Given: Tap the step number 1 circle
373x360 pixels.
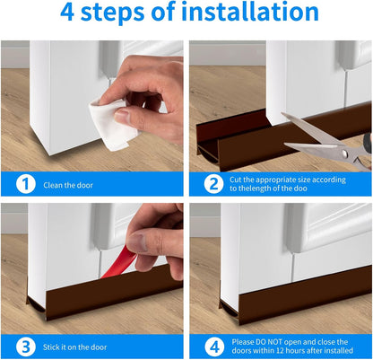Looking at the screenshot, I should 27,184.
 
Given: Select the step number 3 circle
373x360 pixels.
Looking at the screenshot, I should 27,347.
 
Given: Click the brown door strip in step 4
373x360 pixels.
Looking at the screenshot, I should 296,303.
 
